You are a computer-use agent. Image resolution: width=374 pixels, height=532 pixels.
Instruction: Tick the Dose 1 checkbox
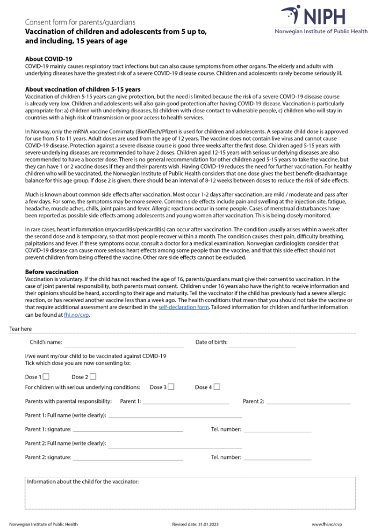(x=46, y=377)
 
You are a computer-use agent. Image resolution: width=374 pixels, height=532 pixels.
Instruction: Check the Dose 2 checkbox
(x=93, y=377)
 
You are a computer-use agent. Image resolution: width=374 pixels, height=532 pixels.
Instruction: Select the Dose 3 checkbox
(x=171, y=387)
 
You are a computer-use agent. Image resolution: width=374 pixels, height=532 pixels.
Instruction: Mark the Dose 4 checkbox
(x=216, y=387)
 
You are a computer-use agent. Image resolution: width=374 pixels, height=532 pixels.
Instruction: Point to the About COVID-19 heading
(x=48, y=59)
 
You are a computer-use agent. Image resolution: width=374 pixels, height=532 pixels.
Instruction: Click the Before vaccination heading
(x=51, y=272)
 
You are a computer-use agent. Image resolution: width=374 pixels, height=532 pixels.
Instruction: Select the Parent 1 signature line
(x=128, y=430)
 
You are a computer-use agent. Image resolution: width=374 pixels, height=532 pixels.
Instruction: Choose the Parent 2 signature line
(x=128, y=458)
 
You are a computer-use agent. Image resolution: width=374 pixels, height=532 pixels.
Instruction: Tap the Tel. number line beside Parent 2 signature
(x=278, y=458)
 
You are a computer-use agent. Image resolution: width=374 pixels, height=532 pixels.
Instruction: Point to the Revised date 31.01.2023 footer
(x=193, y=525)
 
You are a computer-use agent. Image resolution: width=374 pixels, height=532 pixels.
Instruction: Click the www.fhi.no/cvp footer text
(x=327, y=525)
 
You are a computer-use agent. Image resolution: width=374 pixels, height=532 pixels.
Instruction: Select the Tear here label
(x=21, y=329)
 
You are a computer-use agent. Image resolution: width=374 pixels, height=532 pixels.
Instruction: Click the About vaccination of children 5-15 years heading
(x=82, y=89)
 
